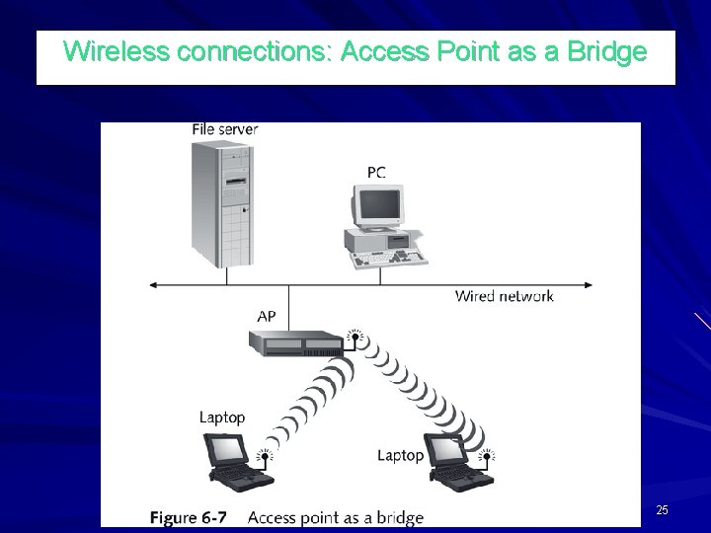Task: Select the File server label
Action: click(225, 130)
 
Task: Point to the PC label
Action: click(376, 172)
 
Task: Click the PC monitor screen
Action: click(379, 206)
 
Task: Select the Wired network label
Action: click(504, 296)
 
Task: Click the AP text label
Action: click(267, 317)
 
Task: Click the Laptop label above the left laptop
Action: click(222, 419)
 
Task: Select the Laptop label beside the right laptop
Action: click(401, 456)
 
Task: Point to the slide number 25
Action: click(662, 510)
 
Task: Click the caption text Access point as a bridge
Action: click(336, 517)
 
